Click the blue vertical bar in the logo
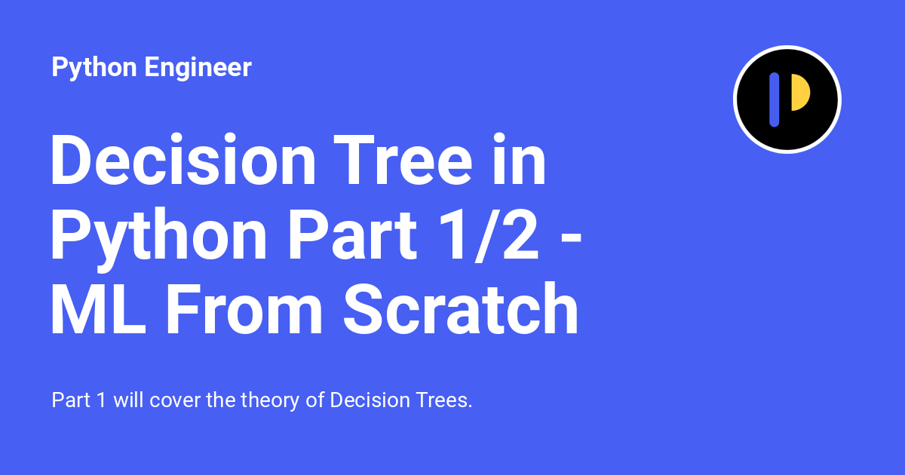pyautogui.click(x=774, y=100)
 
